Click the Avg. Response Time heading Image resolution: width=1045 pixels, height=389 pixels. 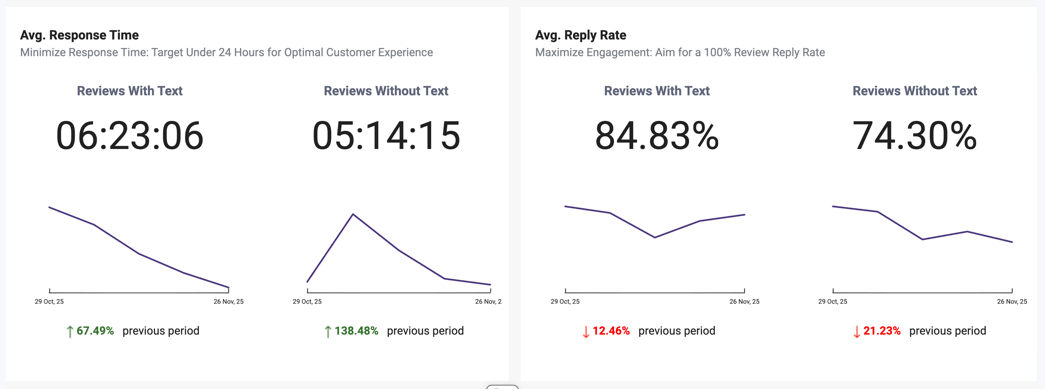(79, 35)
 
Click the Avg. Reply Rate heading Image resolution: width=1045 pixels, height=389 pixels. (580, 35)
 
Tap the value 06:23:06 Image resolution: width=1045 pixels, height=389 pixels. (129, 135)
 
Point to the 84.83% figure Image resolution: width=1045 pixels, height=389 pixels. (657, 135)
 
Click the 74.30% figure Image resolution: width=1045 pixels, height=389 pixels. (914, 135)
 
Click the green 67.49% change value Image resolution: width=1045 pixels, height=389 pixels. (95, 331)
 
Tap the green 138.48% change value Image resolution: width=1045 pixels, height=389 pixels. (356, 331)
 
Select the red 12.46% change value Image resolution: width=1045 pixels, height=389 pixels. (611, 331)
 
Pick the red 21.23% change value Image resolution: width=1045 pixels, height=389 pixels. (881, 331)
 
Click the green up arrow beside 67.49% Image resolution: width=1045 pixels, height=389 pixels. (70, 331)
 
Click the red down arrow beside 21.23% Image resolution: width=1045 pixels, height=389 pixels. (856, 331)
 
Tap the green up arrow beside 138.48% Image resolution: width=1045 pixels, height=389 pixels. (328, 331)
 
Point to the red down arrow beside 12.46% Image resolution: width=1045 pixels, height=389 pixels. (586, 331)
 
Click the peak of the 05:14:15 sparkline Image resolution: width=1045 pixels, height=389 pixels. (353, 214)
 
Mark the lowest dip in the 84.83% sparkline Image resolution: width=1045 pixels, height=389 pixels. (655, 237)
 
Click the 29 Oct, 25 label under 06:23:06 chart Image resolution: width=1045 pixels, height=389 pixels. (49, 302)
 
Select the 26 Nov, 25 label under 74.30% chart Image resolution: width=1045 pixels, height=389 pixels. (1012, 302)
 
